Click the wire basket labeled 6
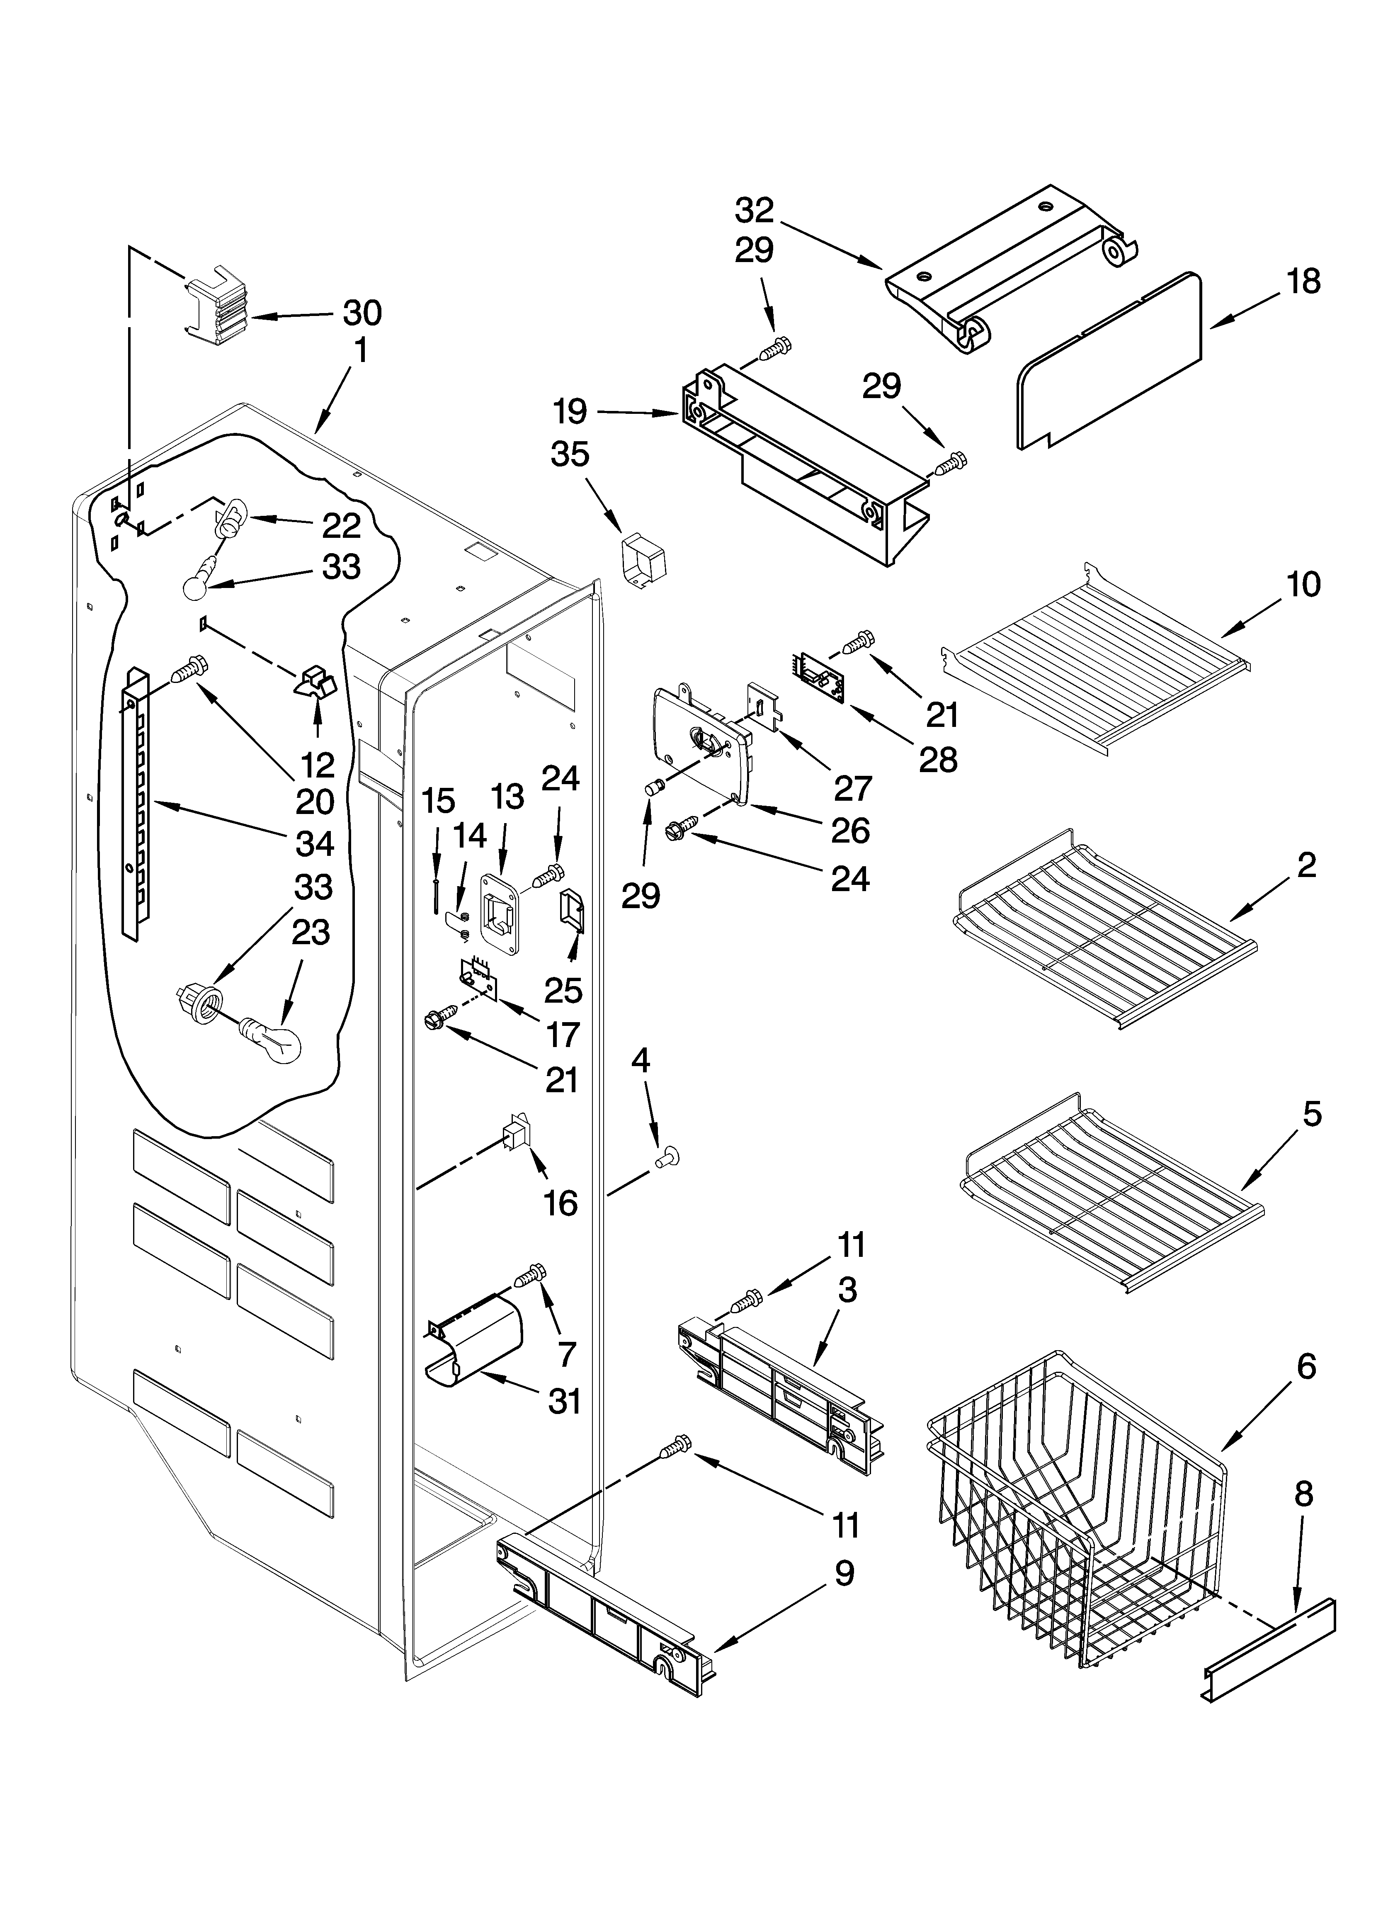(x=1074, y=1521)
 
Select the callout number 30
(x=362, y=313)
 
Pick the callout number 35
(x=570, y=455)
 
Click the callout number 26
(x=849, y=831)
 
